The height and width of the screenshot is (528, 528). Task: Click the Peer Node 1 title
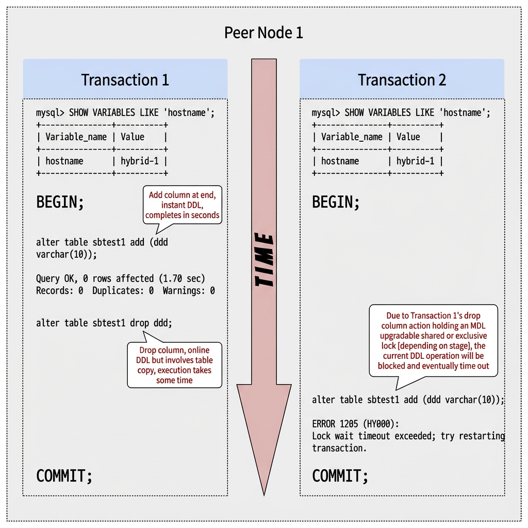tap(263, 33)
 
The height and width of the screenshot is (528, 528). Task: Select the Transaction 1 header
tap(125, 80)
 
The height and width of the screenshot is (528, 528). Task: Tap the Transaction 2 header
tap(402, 80)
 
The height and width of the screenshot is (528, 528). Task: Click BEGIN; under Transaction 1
tap(60, 202)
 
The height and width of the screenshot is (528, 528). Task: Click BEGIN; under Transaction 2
tap(336, 202)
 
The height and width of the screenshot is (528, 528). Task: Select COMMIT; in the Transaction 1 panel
tap(64, 475)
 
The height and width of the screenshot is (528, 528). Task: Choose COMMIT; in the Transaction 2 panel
tap(340, 475)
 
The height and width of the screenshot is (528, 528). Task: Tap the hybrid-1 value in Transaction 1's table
tap(139, 161)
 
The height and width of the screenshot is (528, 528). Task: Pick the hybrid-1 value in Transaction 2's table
tap(415, 161)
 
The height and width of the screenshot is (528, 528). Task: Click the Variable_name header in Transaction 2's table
tap(352, 137)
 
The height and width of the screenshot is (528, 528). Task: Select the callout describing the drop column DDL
tap(174, 365)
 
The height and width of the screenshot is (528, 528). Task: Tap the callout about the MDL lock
tap(433, 340)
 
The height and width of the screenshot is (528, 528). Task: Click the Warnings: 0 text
tap(189, 291)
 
